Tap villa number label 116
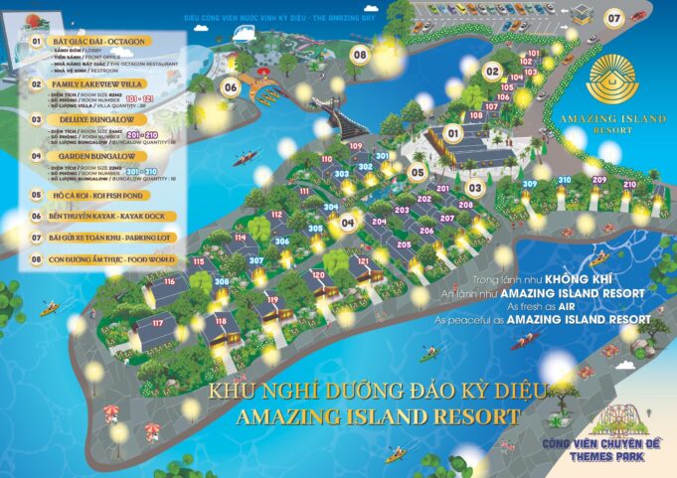tap(170, 282)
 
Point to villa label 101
tap(534, 53)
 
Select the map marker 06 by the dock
tap(230, 86)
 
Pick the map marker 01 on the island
tap(452, 132)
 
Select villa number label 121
tap(363, 261)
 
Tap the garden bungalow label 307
tap(256, 261)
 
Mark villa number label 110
tap(327, 159)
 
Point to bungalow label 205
tap(405, 243)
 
